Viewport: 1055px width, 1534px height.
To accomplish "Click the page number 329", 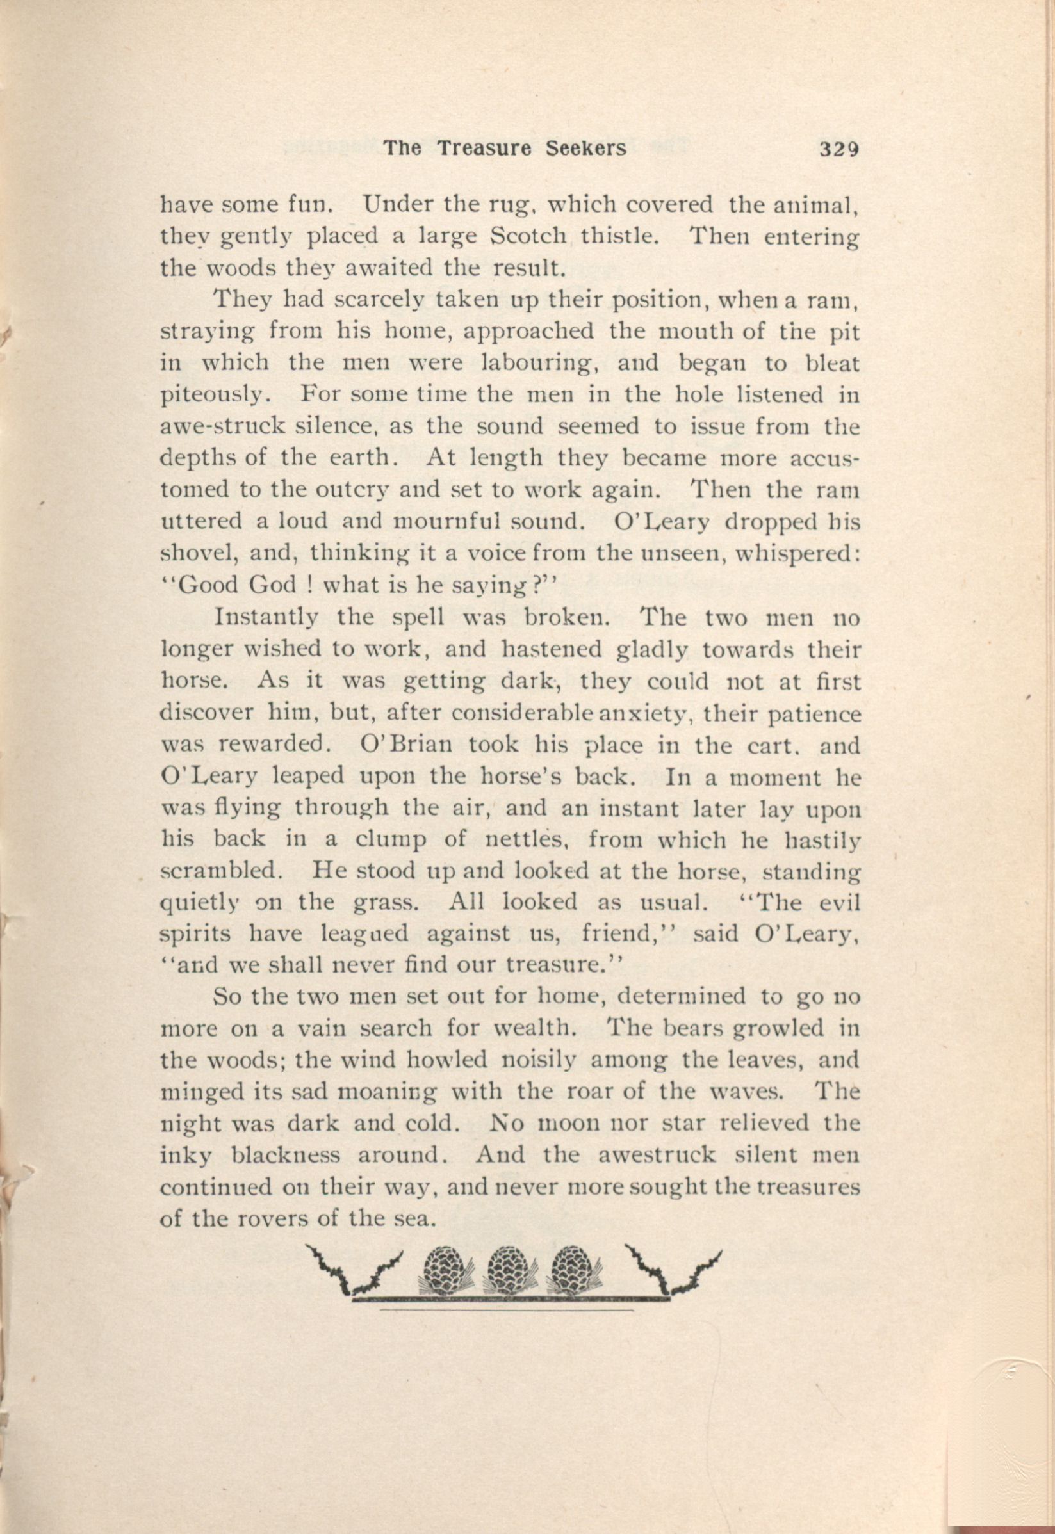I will click(838, 149).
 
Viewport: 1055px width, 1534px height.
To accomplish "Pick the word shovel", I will click(198, 555).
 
